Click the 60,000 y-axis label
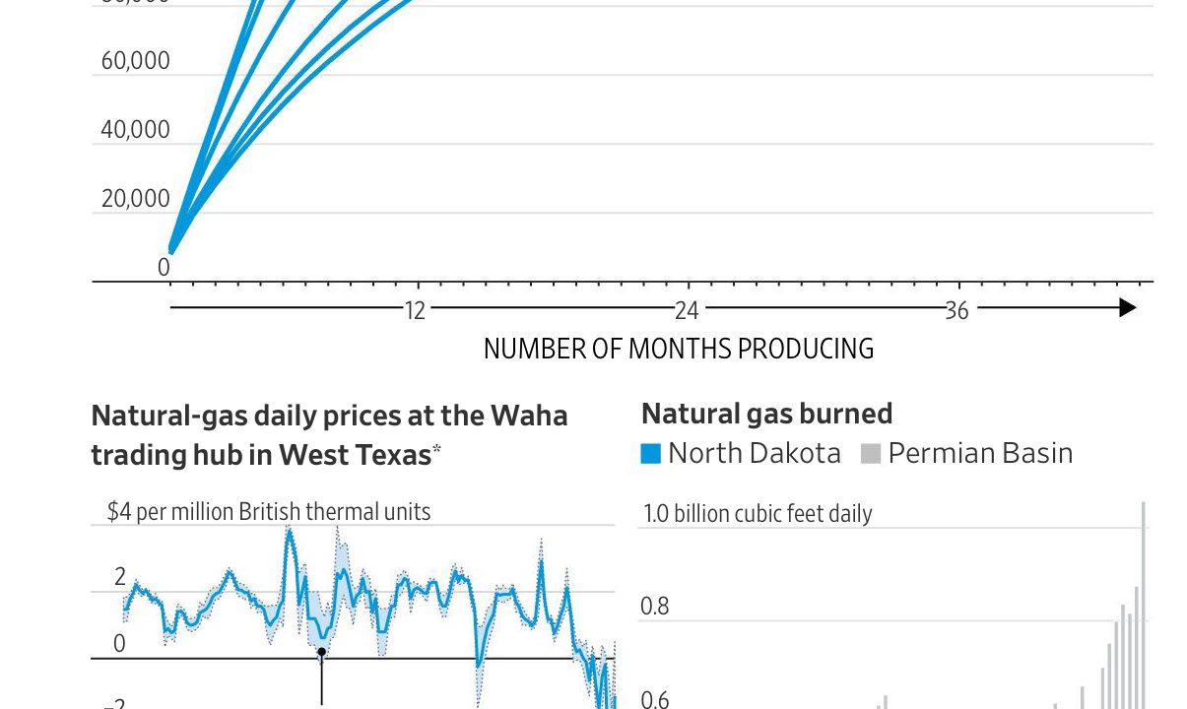135,61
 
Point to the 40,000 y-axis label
135,130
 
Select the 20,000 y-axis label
135,199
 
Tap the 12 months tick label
415,310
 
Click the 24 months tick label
687,310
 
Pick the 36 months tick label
956,310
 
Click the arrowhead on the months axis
1127,308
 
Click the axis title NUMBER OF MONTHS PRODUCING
678,349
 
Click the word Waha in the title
532,416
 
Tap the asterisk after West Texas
436,449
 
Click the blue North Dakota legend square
650,454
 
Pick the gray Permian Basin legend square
870,454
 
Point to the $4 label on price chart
118,512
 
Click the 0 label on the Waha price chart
120,644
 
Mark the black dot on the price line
321,651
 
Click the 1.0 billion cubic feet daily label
758,513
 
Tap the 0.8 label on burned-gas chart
654,606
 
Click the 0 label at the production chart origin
164,267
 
